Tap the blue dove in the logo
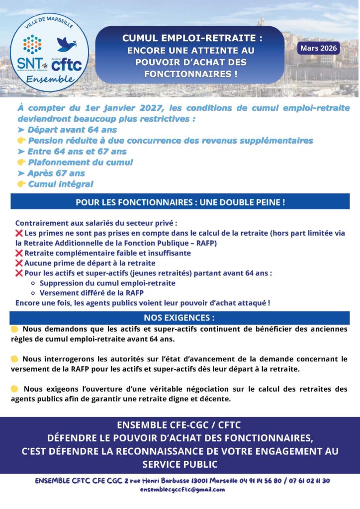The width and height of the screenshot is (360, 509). click(66, 44)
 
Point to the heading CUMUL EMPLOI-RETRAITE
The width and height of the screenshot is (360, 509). click(192, 38)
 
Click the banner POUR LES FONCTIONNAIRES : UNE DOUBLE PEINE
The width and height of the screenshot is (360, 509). click(180, 202)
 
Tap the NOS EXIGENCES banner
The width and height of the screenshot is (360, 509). click(180, 318)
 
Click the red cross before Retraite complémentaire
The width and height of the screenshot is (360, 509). click(19, 253)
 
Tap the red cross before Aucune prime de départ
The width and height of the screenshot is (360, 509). click(19, 263)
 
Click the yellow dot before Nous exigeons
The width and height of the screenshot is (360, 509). click(15, 389)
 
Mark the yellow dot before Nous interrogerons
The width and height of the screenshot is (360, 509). click(14, 359)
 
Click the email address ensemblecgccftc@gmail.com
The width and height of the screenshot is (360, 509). click(182, 489)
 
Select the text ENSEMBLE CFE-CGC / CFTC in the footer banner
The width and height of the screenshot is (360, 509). click(180, 425)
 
